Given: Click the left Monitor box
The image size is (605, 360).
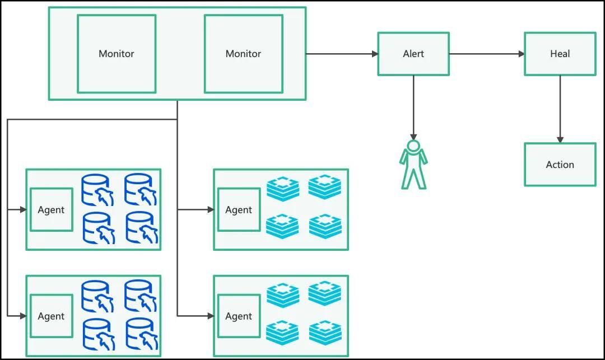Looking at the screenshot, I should pyautogui.click(x=117, y=54).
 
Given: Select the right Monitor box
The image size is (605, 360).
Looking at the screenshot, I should pyautogui.click(x=243, y=54).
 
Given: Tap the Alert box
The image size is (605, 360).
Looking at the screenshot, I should pyautogui.click(x=413, y=54).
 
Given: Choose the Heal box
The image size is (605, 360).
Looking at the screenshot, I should pyautogui.click(x=560, y=54).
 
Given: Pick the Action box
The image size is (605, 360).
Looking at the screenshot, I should pyautogui.click(x=560, y=165).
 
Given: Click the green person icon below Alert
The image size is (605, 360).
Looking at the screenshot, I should pyautogui.click(x=413, y=165).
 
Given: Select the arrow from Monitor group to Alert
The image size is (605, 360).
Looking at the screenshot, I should pyautogui.click(x=342, y=54).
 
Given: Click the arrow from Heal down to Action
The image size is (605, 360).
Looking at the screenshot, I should pyautogui.click(x=560, y=109).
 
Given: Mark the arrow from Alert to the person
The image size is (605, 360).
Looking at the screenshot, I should pyautogui.click(x=413, y=106).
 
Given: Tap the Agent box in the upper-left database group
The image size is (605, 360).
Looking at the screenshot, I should pyautogui.click(x=51, y=210).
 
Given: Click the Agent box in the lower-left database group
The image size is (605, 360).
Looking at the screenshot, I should pyautogui.click(x=51, y=316).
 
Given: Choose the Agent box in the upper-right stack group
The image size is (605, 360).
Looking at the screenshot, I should pyautogui.click(x=239, y=210).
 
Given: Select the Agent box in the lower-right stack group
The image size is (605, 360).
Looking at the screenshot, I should pyautogui.click(x=239, y=316).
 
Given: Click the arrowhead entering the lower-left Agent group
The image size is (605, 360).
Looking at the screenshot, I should pyautogui.click(x=23, y=316).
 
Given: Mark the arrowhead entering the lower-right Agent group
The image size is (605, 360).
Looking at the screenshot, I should pyautogui.click(x=211, y=316).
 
